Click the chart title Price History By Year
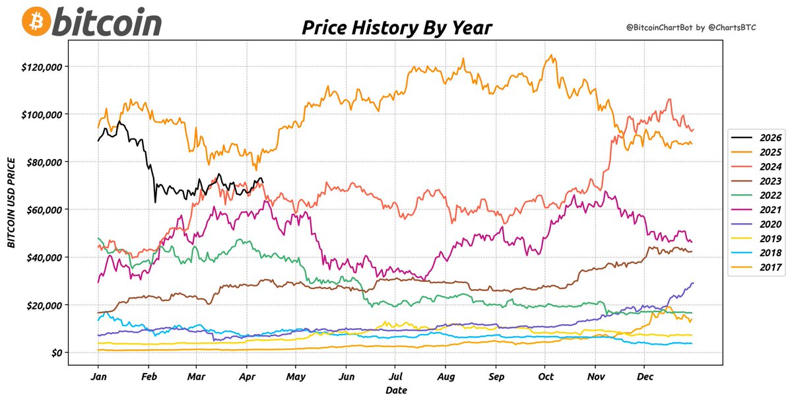[x=396, y=28]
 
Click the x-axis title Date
[x=396, y=391]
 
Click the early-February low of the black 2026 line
[x=155, y=202]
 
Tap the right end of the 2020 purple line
[x=692, y=283]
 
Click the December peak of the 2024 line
[x=670, y=100]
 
